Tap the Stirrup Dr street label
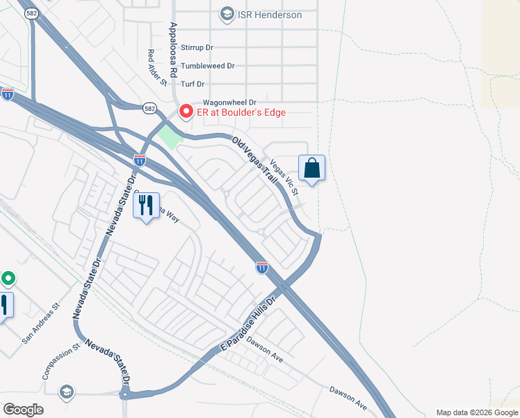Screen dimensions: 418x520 (197, 47)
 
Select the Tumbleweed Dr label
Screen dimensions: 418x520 (207, 65)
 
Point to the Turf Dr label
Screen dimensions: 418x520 (196, 84)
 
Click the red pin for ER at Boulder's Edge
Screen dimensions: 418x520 (186, 111)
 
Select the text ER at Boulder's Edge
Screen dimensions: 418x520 (241, 112)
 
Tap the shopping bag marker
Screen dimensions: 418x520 (311, 168)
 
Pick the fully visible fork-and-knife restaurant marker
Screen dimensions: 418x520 (146, 206)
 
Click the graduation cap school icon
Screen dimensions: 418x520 (66, 391)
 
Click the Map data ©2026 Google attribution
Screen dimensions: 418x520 (477, 412)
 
